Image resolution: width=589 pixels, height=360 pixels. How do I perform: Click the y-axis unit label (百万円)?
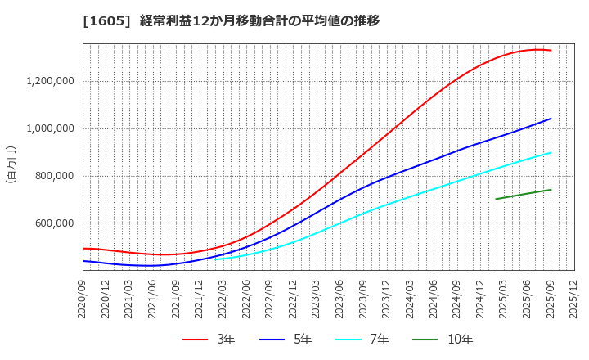11,164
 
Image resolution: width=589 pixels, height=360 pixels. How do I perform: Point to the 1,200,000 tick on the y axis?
51,81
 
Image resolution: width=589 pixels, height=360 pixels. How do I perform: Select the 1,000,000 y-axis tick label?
51,128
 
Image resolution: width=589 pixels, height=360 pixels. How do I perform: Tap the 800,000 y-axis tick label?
55,176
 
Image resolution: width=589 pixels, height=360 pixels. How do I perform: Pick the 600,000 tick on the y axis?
55,223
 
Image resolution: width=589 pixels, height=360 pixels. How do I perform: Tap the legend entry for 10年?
449,340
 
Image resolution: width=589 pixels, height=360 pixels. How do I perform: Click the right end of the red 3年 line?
551,51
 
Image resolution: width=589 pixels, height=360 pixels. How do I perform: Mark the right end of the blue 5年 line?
551,119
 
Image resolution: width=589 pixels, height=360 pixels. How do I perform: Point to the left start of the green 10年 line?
496,199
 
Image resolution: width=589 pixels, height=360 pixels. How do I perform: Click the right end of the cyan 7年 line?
551,152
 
